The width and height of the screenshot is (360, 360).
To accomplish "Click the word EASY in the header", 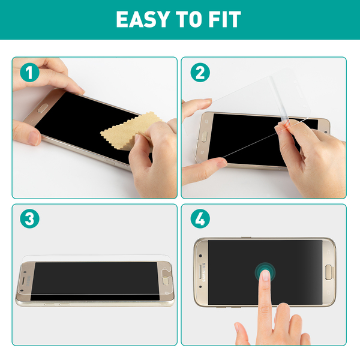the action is click(143, 20).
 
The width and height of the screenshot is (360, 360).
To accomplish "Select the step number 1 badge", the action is click(29, 73).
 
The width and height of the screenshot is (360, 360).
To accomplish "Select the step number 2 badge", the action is click(200, 73).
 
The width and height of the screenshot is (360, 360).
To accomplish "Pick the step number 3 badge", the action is click(29, 218).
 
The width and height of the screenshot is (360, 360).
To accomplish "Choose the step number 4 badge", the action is click(200, 218).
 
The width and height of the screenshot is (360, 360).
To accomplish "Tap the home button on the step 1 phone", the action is click(43, 108).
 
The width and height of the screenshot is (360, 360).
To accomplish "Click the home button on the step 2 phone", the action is click(204, 137).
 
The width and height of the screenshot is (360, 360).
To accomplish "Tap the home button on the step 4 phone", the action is click(329, 272).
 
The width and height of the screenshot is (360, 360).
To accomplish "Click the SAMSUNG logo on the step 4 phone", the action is click(203, 272).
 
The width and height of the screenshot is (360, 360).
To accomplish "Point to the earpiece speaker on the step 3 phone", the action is click(23, 281).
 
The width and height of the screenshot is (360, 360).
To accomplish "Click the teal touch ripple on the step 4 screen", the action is click(265, 272).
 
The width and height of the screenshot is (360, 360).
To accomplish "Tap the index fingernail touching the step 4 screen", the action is click(265, 275).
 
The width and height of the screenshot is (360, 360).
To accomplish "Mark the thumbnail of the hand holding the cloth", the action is click(137, 139).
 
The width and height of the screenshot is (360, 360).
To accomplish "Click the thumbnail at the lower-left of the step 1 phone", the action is click(34, 138).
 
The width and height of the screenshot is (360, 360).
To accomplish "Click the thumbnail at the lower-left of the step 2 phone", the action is click(221, 164).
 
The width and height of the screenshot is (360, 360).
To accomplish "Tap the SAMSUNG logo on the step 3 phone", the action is click(29, 281).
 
